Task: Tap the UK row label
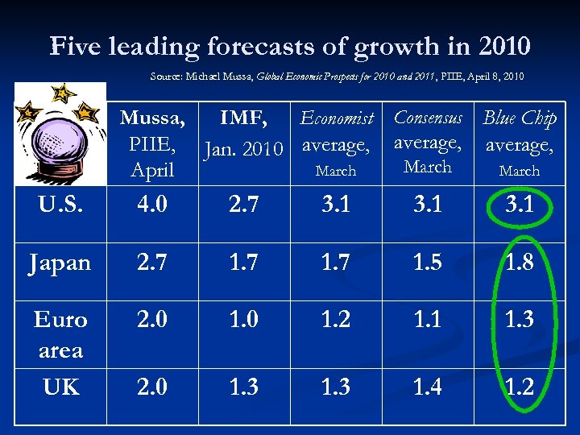point(61,387)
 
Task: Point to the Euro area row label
point(61,334)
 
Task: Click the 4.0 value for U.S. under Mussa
point(152,205)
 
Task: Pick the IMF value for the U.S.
point(243,205)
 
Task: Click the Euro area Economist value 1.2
point(335,320)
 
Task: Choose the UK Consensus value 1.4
point(428,387)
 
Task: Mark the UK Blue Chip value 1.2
point(520,387)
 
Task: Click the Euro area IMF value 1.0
point(243,320)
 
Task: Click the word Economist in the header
point(337,119)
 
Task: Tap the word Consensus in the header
point(428,118)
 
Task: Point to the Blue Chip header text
point(520,118)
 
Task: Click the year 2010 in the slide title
point(501,46)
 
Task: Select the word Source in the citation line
point(166,77)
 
